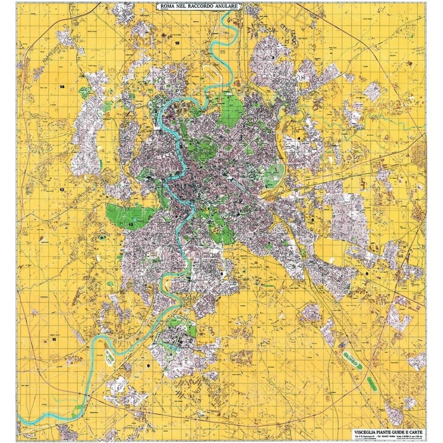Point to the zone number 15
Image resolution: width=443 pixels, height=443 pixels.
(x=177, y=43)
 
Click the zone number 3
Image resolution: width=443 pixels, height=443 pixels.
(x=273, y=57)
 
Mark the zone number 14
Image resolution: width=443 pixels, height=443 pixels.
(x=63, y=87)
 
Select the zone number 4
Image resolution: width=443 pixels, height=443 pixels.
(x=299, y=138)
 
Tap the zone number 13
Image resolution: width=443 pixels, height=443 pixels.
(x=62, y=190)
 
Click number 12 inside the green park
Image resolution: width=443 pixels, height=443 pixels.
(x=131, y=224)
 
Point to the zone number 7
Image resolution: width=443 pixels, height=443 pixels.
(x=269, y=243)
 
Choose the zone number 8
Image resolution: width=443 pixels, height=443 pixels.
(x=222, y=274)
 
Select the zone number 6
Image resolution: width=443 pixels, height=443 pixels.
(x=366, y=273)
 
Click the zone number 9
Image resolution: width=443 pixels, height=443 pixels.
(x=148, y=366)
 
